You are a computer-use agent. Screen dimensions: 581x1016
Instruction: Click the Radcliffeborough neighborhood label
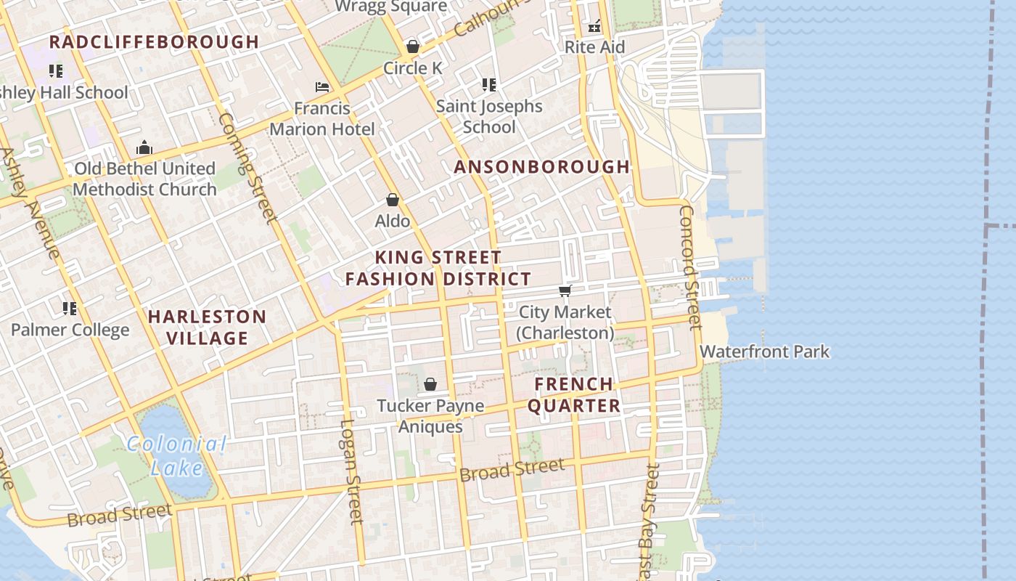pyautogui.click(x=154, y=42)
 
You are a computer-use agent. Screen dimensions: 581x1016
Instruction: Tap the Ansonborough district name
pyautogui.click(x=542, y=167)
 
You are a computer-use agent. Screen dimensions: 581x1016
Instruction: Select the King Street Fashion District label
pyautogui.click(x=438, y=268)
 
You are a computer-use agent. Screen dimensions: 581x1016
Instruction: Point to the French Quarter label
pyautogui.click(x=574, y=395)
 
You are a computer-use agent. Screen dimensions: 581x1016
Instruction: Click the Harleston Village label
pyautogui.click(x=208, y=327)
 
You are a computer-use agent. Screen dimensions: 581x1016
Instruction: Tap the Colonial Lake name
pyautogui.click(x=176, y=455)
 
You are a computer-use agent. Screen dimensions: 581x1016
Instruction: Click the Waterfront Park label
pyautogui.click(x=764, y=352)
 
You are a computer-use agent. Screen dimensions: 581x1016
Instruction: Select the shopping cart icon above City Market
pyautogui.click(x=565, y=291)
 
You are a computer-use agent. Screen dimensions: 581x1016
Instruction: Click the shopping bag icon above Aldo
pyautogui.click(x=393, y=200)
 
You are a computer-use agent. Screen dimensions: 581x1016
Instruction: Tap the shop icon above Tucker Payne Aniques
pyautogui.click(x=430, y=384)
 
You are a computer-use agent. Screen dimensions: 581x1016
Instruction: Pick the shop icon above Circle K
pyautogui.click(x=413, y=47)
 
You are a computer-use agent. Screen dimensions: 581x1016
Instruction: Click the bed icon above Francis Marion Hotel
pyautogui.click(x=322, y=87)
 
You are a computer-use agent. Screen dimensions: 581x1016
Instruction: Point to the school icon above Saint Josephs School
pyautogui.click(x=489, y=85)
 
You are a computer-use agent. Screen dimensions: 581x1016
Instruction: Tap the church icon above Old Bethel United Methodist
pyautogui.click(x=144, y=148)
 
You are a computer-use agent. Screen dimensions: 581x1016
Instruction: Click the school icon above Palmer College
pyautogui.click(x=70, y=309)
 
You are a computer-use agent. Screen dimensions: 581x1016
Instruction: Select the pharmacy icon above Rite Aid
pyautogui.click(x=594, y=27)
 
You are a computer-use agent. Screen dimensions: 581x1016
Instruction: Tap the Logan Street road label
pyautogui.click(x=351, y=471)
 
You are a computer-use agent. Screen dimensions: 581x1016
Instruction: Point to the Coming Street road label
pyautogui.click(x=247, y=167)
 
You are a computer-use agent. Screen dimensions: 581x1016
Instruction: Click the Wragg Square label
pyautogui.click(x=390, y=7)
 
